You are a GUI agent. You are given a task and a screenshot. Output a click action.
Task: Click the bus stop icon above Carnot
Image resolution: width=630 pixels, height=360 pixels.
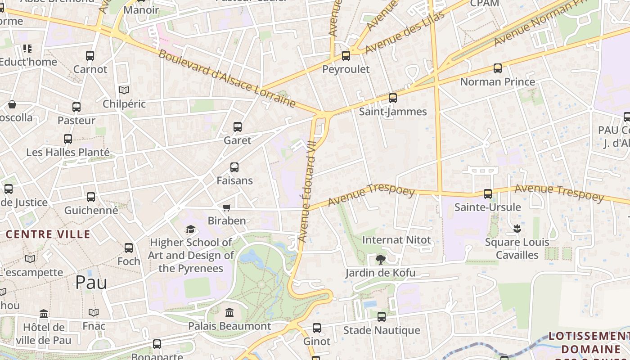point(90,56)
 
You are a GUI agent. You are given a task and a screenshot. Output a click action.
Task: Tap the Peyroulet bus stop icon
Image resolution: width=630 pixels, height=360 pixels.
point(346,56)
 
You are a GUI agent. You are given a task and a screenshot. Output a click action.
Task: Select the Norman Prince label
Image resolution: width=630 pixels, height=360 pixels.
point(497,81)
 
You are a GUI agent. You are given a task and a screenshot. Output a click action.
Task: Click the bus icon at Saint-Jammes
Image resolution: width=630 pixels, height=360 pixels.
point(393,98)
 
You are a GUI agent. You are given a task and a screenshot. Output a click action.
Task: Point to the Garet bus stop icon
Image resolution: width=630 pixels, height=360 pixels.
point(238,127)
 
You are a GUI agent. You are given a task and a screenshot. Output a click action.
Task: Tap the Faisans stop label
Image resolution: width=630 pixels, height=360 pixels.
point(234,180)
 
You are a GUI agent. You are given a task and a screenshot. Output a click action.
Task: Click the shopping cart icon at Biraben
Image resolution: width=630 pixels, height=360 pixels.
point(227,207)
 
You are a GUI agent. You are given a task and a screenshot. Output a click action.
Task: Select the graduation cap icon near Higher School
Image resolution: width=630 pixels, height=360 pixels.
point(191,229)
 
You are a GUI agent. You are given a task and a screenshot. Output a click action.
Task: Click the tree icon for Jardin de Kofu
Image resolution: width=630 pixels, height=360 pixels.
point(381,259)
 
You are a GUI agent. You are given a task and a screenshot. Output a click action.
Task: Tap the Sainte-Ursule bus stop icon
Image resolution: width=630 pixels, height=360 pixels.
point(487,194)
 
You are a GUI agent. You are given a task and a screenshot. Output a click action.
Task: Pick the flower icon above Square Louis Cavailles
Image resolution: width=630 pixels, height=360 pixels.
point(517,229)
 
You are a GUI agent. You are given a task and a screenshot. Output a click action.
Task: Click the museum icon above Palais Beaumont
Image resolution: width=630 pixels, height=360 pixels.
point(229,312)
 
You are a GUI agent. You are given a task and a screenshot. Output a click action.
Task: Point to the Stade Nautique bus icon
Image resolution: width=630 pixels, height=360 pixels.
point(382,317)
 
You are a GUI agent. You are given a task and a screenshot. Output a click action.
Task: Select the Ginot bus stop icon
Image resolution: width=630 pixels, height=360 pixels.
point(317,328)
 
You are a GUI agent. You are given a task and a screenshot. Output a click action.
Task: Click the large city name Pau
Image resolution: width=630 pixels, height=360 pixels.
point(91,282)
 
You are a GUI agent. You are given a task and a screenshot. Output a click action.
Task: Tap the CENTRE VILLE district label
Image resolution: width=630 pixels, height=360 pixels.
point(48,234)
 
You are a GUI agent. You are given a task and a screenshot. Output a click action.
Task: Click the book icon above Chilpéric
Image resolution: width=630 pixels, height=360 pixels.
point(124,90)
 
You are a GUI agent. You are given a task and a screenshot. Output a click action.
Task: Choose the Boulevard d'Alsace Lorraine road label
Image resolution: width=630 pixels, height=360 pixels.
point(227,79)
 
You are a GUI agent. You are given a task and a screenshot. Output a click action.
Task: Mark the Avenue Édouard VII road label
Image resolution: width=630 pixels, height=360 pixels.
point(309,191)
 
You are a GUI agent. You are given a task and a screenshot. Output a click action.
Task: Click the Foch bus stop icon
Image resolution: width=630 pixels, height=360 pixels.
point(129,247)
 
